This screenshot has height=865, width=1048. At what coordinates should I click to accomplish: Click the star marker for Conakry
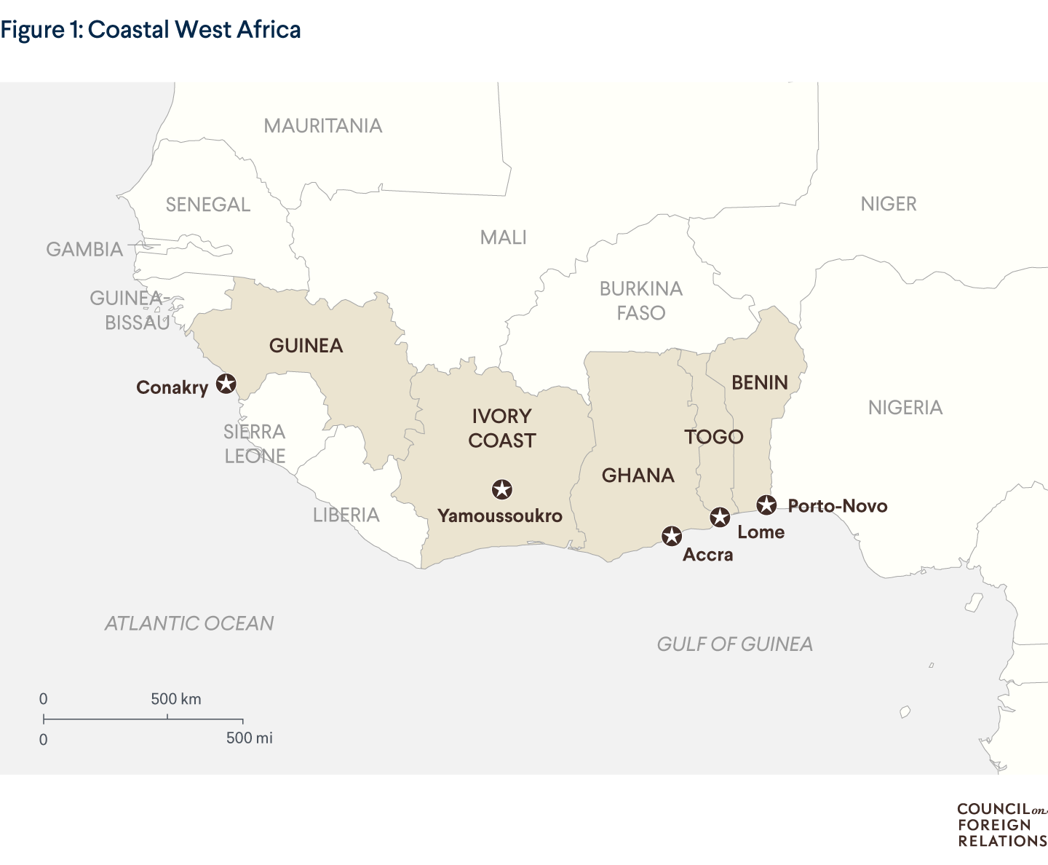[226, 384]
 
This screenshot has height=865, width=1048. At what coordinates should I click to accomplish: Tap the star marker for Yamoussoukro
[501, 489]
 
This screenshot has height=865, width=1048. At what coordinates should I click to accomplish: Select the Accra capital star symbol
[671, 537]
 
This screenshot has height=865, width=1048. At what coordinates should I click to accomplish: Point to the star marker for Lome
[720, 518]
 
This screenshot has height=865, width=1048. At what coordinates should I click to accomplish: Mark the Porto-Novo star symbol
[766, 505]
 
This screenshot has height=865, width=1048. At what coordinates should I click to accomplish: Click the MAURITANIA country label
[322, 126]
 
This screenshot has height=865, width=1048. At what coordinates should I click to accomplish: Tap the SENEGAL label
[208, 205]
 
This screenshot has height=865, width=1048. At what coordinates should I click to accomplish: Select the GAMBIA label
[84, 250]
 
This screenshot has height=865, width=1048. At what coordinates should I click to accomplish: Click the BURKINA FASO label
[641, 301]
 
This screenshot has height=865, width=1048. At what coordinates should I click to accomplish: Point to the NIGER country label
[889, 204]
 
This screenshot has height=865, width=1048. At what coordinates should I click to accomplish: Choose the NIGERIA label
[905, 408]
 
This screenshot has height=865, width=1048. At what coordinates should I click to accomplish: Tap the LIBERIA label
[346, 516]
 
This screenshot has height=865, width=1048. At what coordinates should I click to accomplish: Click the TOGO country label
[714, 437]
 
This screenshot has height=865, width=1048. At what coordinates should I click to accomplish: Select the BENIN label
[760, 383]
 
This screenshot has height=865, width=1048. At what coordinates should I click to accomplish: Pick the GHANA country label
[638, 475]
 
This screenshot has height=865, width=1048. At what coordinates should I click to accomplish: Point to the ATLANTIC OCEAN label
[189, 623]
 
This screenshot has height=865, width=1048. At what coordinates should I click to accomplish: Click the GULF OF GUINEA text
[735, 644]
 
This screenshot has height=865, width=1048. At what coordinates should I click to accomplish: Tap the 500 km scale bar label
[176, 699]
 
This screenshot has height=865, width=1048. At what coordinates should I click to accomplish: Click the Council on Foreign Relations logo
[1001, 825]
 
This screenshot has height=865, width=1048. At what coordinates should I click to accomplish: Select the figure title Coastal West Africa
[151, 30]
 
